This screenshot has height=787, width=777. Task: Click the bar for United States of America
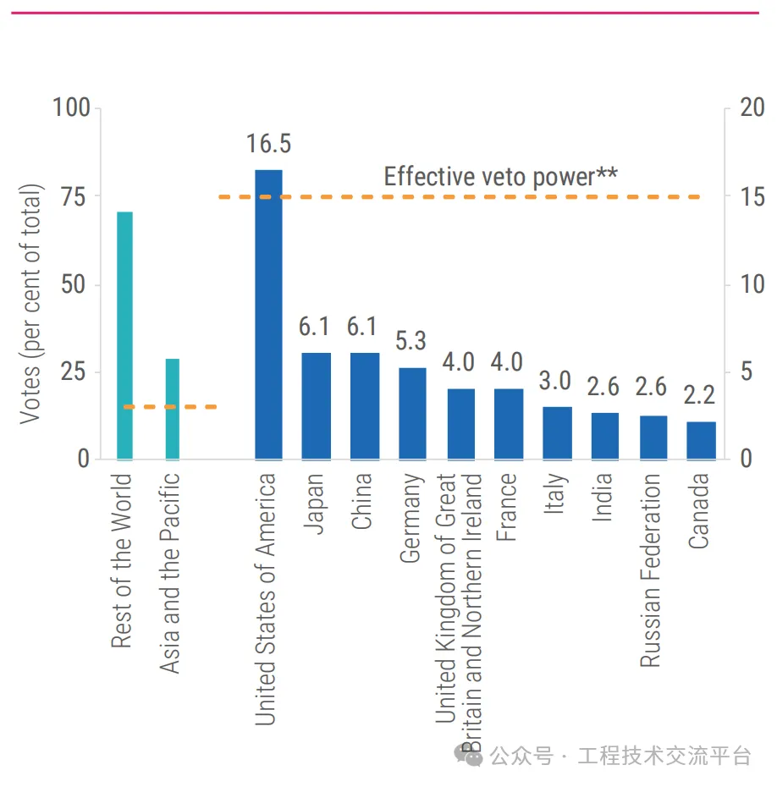pos(268,315)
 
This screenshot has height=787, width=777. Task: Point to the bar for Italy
pos(557,432)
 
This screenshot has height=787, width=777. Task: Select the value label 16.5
pos(268,144)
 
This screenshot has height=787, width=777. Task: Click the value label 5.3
pos(411,341)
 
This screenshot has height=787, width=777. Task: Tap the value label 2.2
pos(701,394)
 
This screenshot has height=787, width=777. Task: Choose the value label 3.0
pos(556,381)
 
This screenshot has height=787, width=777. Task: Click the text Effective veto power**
pos(500,176)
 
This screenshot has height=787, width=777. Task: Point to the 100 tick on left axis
pos(70,108)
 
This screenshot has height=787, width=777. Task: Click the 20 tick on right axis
pos(752,108)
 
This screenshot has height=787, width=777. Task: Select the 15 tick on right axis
pos(752,196)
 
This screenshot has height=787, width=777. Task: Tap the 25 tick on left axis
pos(74,371)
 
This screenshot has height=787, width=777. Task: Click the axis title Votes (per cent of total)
pos(30,303)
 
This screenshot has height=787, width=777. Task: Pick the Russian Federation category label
pos(650,570)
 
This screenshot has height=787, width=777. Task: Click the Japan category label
pos(314,504)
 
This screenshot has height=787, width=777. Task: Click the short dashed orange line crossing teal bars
pos(170,407)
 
